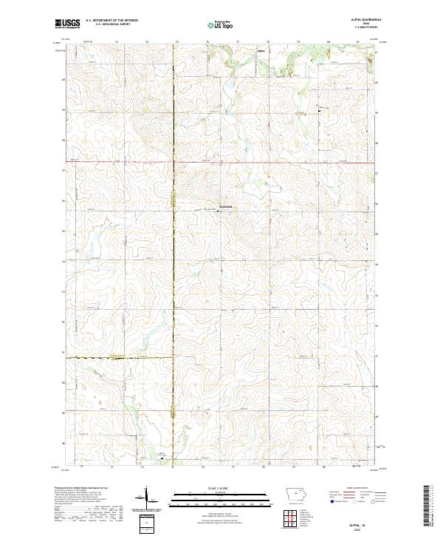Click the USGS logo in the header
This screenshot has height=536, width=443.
pos(68,24)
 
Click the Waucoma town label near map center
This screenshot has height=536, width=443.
pos(226,206)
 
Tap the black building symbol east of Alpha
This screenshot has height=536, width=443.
pos(319,110)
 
